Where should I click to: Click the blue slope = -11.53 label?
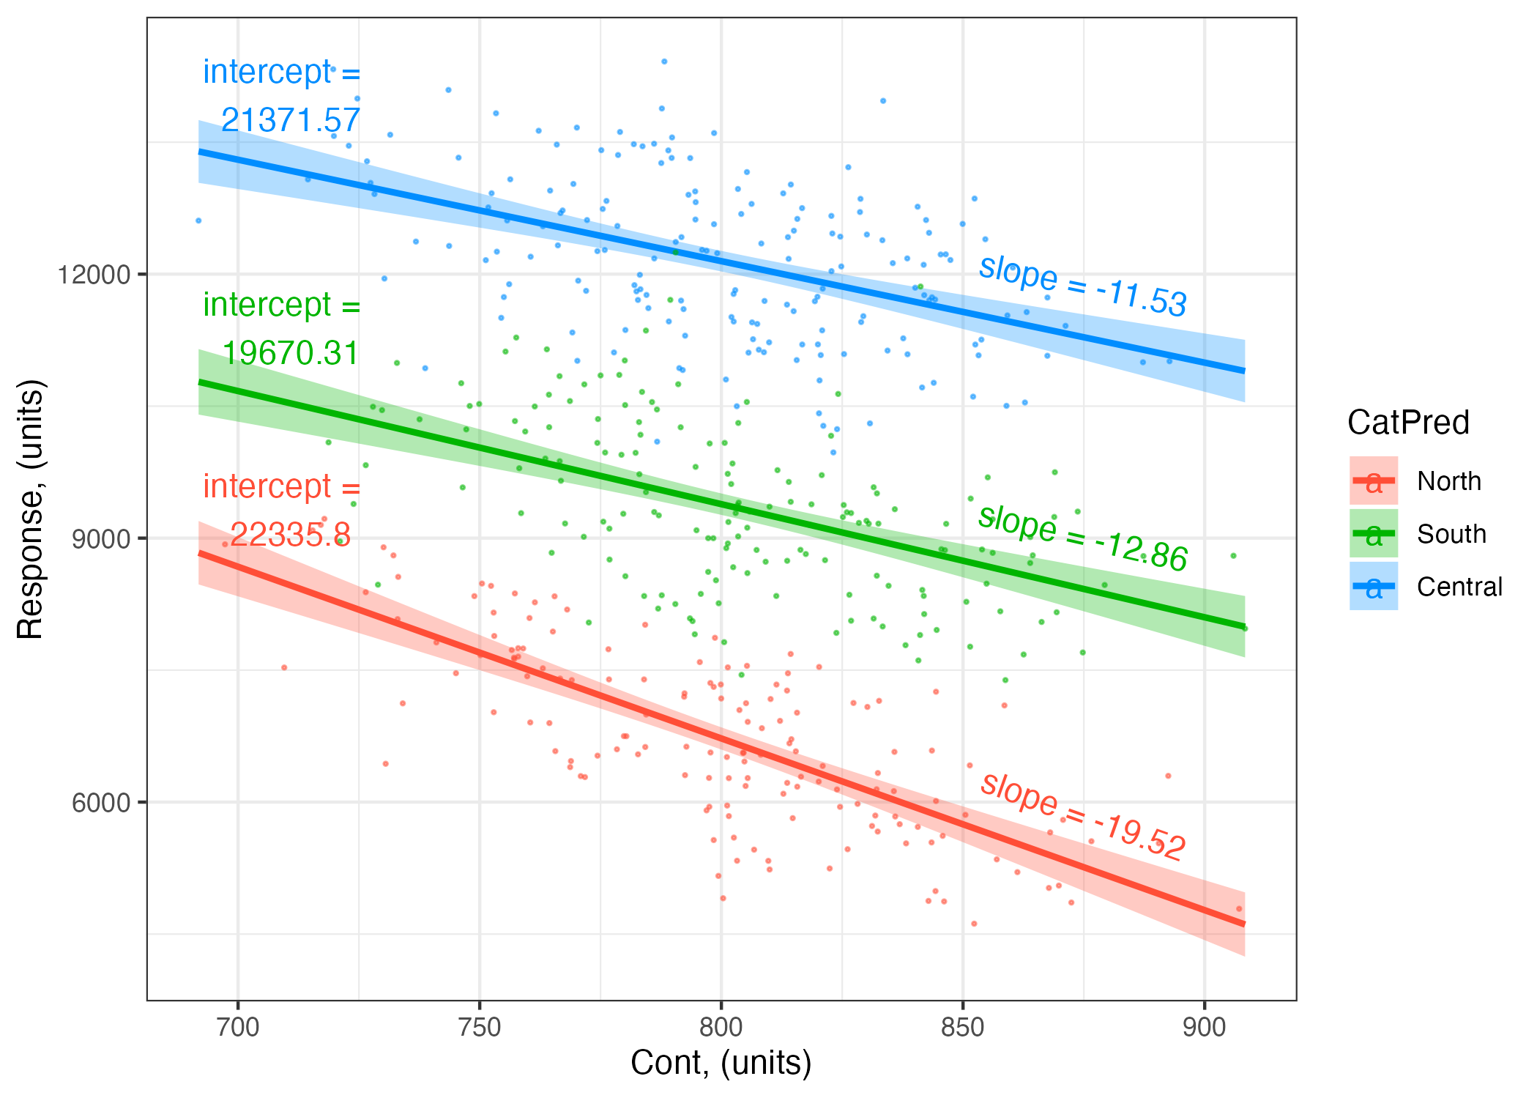(1082, 286)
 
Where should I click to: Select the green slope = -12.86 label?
(1082, 538)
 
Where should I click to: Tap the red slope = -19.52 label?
(1082, 816)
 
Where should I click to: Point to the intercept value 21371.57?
(291, 120)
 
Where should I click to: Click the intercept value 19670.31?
(291, 353)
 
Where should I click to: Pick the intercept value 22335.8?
(291, 535)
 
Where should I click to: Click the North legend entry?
(1448, 481)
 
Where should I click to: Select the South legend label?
(1451, 534)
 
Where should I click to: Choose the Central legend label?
(1459, 587)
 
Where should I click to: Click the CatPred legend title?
(1408, 423)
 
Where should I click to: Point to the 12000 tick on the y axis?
(94, 275)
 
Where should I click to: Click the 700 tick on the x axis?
(239, 1027)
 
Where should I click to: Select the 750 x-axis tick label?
(480, 1027)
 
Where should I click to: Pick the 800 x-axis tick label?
(721, 1027)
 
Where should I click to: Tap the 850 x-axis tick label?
(963, 1027)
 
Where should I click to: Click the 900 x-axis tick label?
(1205, 1027)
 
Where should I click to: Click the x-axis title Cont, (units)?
(721, 1063)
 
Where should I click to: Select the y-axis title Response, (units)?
(31, 509)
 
